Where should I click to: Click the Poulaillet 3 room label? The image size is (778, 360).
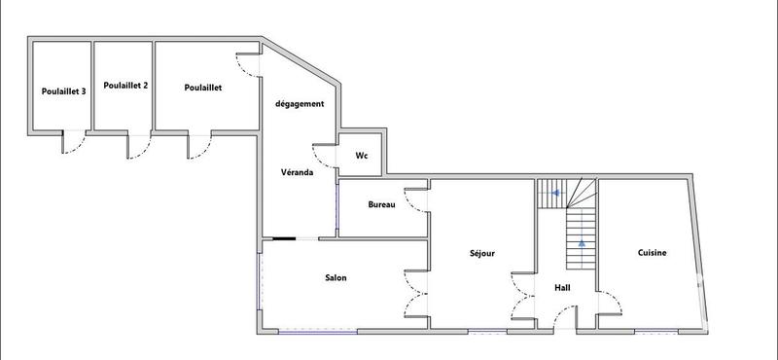(63, 91)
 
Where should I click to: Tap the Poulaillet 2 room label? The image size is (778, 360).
(124, 86)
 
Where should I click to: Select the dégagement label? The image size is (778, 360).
(299, 104)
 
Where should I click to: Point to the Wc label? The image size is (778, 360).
(361, 156)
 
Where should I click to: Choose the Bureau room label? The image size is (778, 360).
(381, 204)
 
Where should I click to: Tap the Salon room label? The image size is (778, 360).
(336, 278)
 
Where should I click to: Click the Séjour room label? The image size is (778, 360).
(481, 254)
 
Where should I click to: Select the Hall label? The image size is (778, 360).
(562, 288)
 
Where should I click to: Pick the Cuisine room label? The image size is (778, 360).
(652, 253)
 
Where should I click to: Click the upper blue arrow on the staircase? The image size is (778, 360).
(555, 194)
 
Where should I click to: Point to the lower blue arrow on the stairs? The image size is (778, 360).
(582, 244)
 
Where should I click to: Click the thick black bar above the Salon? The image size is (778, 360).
(284, 238)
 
